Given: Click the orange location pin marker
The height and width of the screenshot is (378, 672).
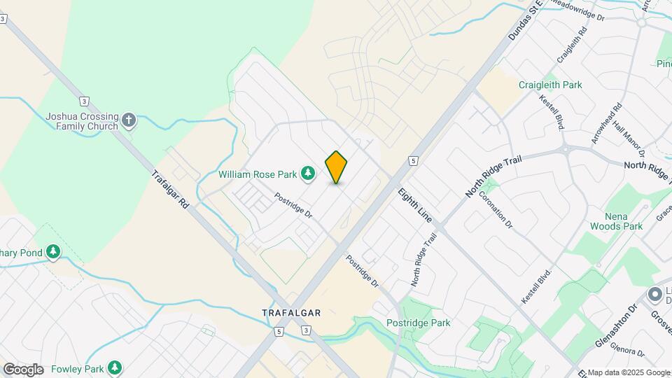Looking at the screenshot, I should tap(336, 167).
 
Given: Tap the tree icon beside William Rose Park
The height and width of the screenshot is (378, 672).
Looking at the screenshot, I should tap(307, 173).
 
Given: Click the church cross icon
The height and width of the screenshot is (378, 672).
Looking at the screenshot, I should tap(128, 120).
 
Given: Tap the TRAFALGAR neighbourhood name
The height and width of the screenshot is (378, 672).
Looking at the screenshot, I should tap(291, 313).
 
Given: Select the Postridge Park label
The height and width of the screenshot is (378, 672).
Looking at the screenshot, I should tap(418, 323).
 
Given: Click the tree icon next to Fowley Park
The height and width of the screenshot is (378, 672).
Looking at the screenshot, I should tap(115, 367).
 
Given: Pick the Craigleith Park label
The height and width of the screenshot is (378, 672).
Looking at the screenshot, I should tap(550, 85).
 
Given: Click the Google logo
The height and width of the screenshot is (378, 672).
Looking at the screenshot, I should tap(22, 370).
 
